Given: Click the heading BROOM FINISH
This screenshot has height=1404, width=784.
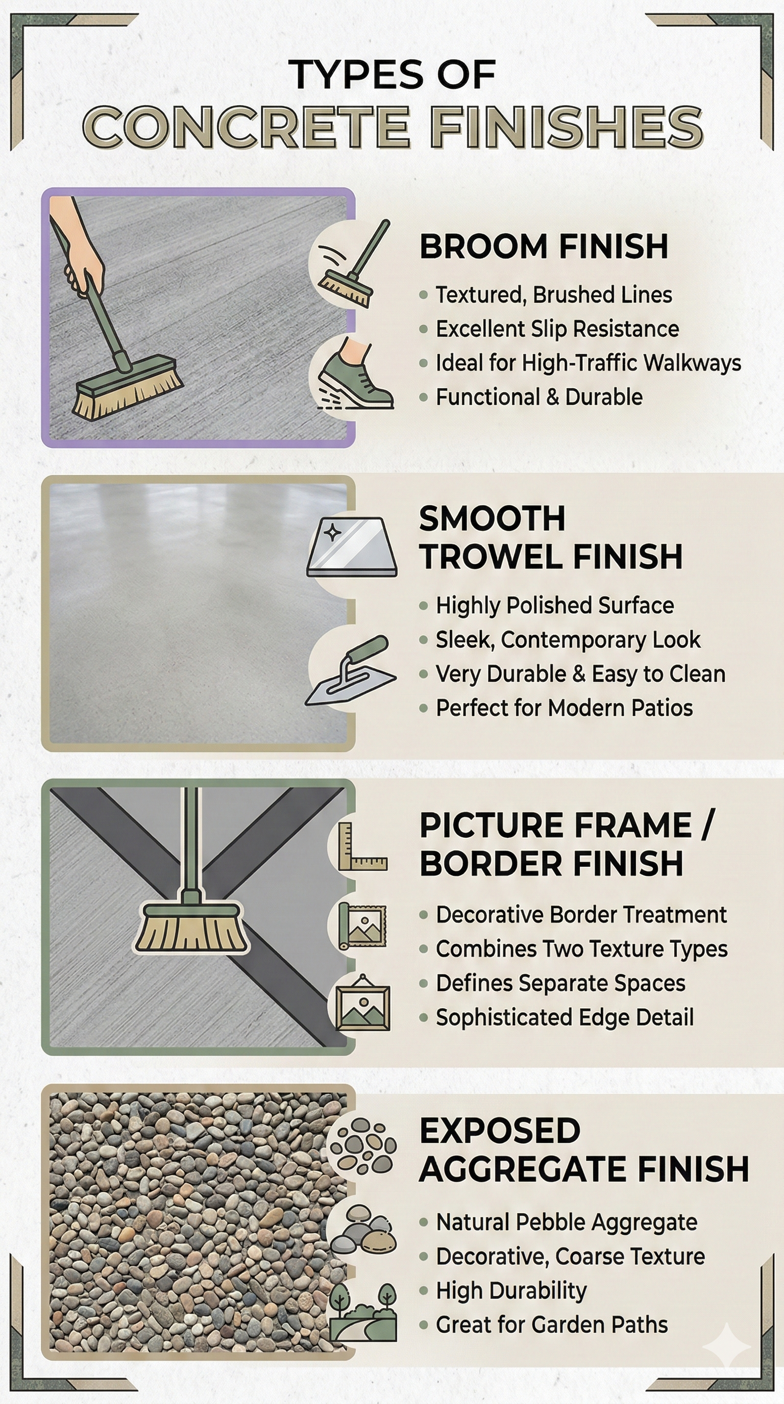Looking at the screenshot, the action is (544, 246).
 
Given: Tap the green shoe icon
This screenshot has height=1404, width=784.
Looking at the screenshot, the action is (355, 374).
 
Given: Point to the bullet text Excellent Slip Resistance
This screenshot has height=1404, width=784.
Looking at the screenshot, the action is (557, 329).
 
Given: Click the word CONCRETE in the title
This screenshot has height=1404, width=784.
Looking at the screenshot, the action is (246, 127).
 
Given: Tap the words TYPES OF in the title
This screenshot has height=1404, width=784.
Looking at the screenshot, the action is (392, 74).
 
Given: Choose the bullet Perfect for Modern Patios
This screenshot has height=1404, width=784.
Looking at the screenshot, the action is (565, 708).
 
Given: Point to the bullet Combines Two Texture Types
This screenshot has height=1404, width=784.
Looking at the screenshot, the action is (582, 949).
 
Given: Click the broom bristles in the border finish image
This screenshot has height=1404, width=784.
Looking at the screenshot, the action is (191, 933).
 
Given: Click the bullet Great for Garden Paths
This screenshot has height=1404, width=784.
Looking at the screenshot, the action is (552, 1324).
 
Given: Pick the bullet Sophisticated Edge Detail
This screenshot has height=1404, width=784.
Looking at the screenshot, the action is (565, 1017).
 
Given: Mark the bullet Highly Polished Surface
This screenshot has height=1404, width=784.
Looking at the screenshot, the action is (555, 606).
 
